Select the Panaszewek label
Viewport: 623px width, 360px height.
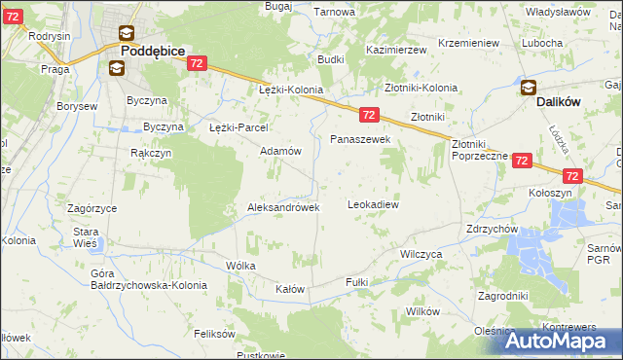(360, 140)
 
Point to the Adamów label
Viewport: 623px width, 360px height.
(280, 152)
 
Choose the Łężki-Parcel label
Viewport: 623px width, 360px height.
(239, 127)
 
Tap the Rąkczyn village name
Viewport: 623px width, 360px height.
(151, 153)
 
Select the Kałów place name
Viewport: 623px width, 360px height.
(290, 290)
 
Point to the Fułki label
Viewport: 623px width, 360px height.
(355, 281)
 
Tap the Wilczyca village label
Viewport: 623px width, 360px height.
(421, 253)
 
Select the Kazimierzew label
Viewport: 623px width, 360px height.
(397, 49)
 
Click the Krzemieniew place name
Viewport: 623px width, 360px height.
(468, 44)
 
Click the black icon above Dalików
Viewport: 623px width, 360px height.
(529, 88)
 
